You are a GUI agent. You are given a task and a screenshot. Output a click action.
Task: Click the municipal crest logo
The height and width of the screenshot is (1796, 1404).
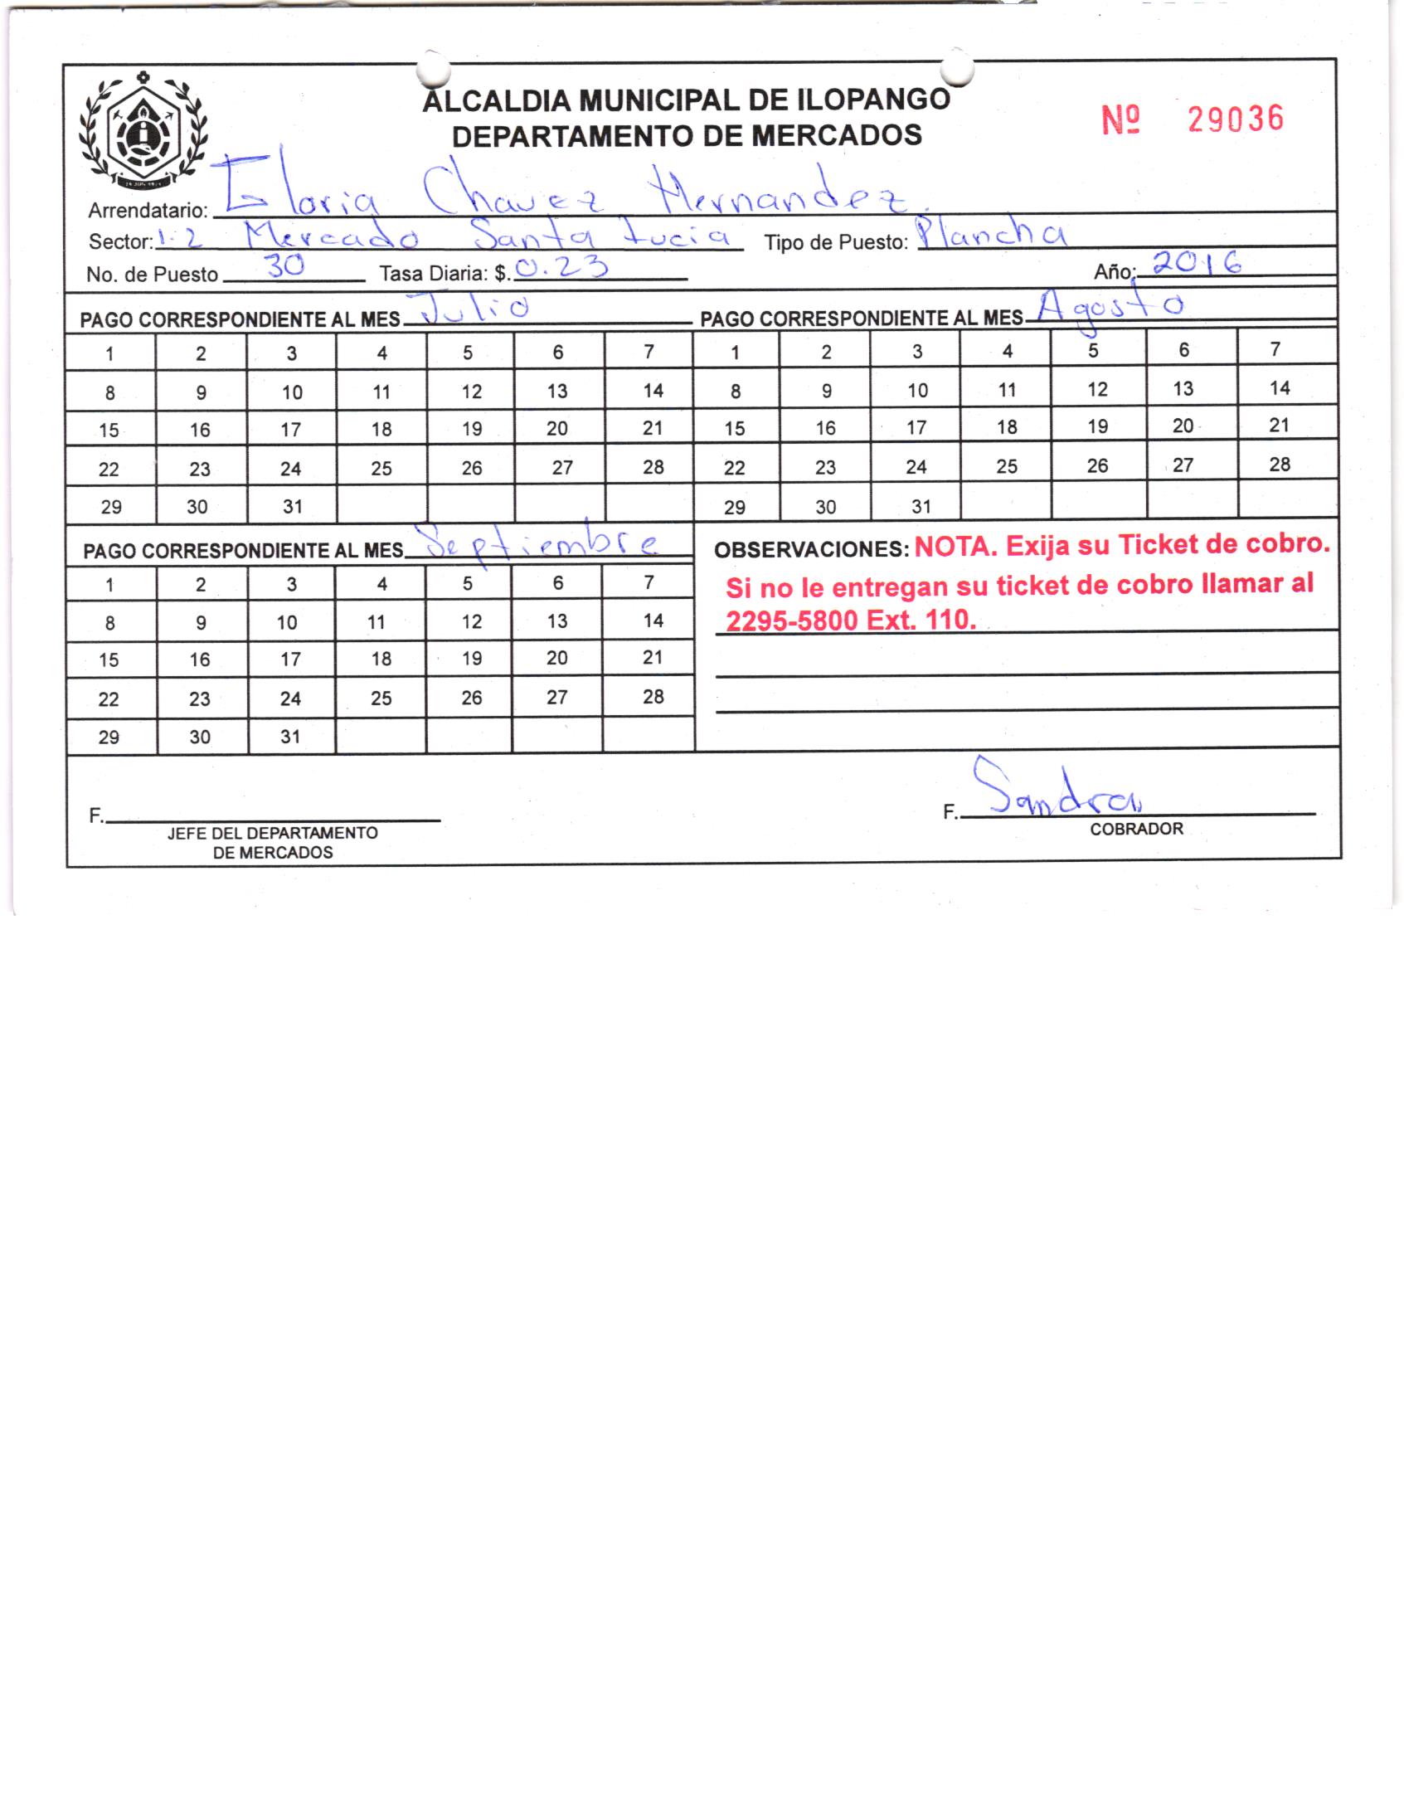144,132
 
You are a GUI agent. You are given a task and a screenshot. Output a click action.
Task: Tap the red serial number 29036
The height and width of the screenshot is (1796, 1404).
1235,119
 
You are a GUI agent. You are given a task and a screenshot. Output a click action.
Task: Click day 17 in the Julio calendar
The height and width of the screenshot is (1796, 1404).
290,430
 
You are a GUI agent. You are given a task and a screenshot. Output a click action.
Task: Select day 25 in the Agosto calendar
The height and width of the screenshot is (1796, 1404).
1007,466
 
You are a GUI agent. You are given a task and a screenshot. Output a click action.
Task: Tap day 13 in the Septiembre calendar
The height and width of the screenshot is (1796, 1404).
557,621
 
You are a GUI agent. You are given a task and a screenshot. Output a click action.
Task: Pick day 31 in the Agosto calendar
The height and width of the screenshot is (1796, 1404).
921,506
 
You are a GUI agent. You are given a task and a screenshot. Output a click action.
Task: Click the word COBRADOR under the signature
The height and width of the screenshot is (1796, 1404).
1136,829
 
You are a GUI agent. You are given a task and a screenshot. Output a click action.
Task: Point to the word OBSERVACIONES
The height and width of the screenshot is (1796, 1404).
812,549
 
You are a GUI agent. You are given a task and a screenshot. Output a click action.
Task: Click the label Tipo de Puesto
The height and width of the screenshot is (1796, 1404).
836,243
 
